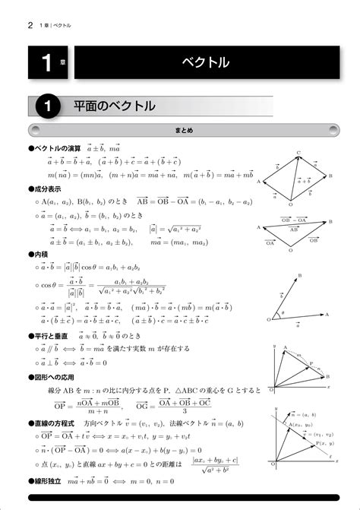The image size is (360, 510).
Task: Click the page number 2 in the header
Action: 30,25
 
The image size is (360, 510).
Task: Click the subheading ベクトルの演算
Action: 56,149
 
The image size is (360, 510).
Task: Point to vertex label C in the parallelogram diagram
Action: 298,153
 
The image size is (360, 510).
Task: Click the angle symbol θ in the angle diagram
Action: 283,312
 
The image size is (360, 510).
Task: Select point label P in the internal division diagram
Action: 310,364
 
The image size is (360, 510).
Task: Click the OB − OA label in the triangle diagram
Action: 293,219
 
